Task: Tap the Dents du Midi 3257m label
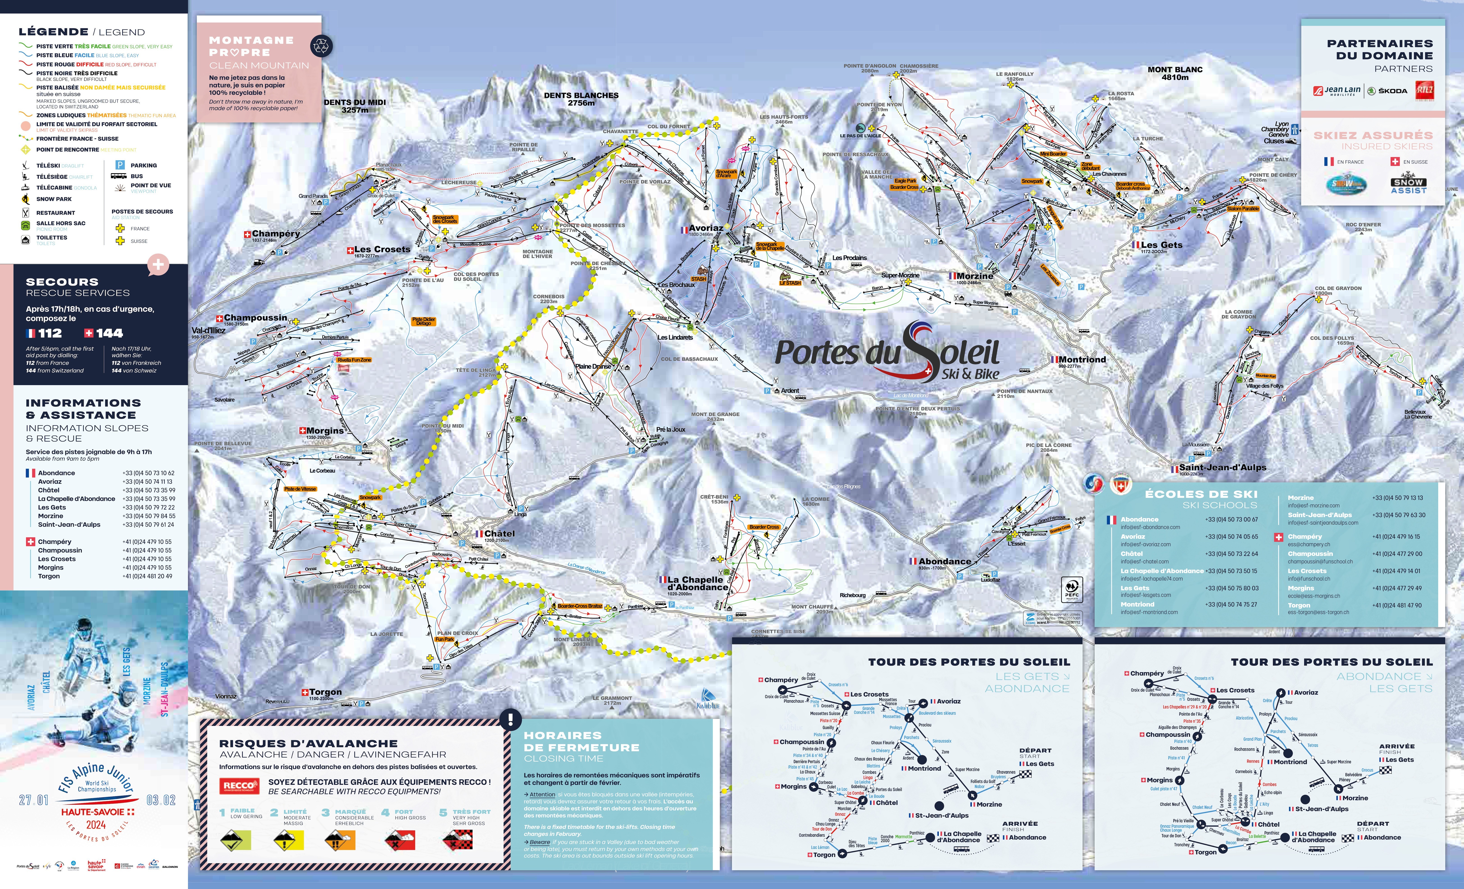tap(355, 106)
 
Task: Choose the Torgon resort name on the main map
tap(325, 692)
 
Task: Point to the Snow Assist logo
tap(1408, 185)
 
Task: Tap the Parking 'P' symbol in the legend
tap(119, 165)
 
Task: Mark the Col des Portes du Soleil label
tap(476, 277)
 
